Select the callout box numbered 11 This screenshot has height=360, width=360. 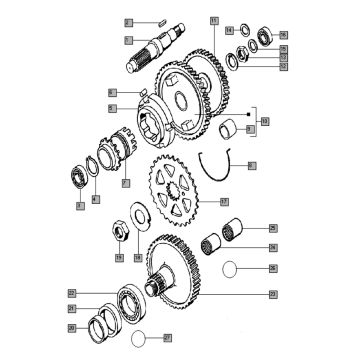[x=213, y=20]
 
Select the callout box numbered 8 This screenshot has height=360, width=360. [x=251, y=163]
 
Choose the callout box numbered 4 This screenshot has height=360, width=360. [x=96, y=201]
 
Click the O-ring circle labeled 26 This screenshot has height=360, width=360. [x=229, y=268]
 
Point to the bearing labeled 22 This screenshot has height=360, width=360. [x=128, y=300]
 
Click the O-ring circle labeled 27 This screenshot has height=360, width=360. [x=145, y=340]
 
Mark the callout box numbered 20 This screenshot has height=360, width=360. [x=71, y=326]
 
